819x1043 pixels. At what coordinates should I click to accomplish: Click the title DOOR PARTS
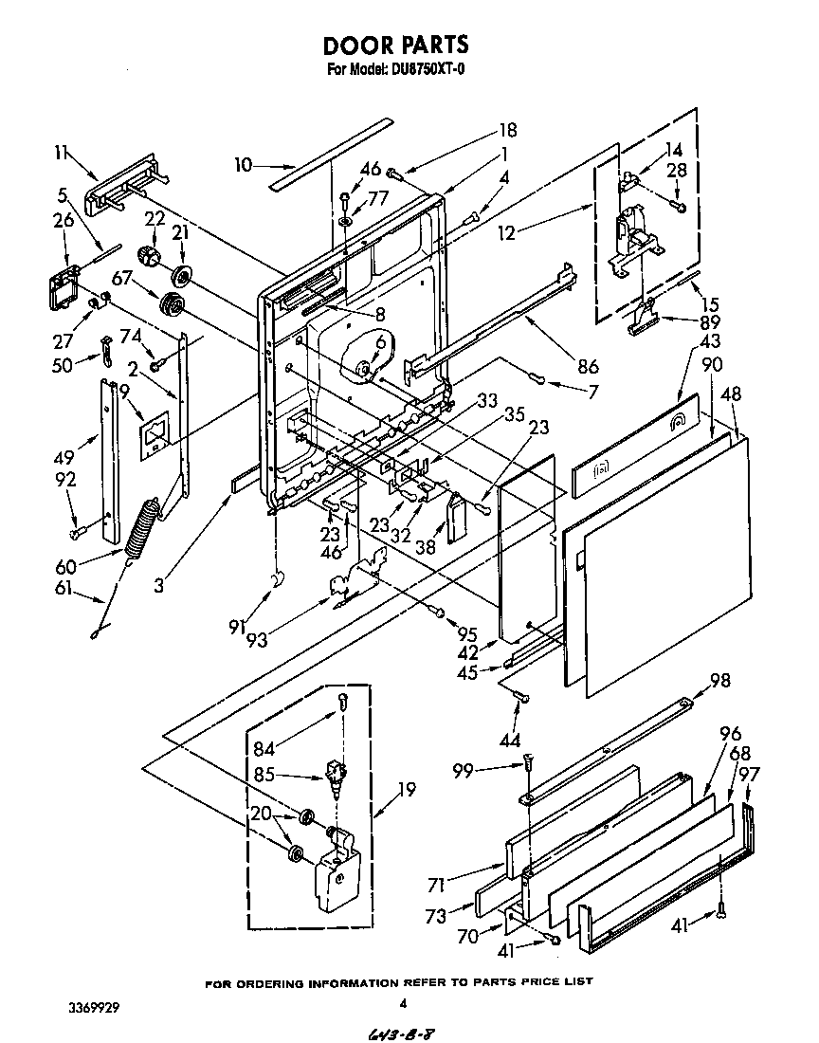(x=396, y=45)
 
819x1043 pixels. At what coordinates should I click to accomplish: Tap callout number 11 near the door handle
(x=62, y=151)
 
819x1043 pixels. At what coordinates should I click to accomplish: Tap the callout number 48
(x=732, y=393)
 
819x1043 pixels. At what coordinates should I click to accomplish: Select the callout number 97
(x=750, y=776)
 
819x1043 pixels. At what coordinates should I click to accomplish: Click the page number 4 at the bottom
(x=403, y=1003)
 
